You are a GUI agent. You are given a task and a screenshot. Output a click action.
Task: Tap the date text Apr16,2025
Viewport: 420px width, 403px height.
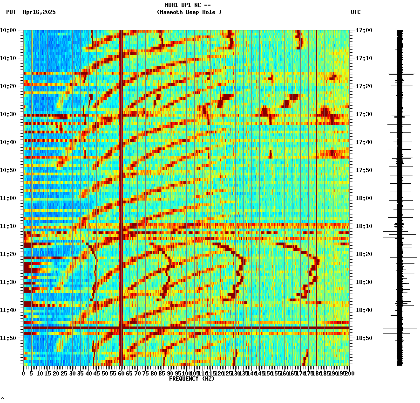39,12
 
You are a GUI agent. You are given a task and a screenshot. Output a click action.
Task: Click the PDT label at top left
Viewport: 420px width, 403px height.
11,12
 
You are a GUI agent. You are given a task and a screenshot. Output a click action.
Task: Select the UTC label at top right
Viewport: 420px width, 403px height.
355,12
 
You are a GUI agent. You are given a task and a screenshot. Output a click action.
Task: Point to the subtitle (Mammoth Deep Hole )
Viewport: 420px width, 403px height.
189,12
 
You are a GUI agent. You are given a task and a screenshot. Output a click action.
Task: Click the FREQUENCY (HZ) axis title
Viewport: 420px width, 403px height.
192,379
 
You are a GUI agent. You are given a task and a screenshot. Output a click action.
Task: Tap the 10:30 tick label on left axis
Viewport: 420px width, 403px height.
8,114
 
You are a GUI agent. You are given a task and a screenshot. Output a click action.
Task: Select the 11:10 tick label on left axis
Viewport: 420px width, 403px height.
8,226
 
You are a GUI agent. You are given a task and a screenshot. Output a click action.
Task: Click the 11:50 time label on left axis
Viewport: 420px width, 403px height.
8,338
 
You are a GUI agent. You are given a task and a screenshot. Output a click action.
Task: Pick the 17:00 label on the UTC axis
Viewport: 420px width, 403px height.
364,30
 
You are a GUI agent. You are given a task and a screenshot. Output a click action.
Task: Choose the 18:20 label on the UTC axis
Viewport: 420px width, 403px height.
364,254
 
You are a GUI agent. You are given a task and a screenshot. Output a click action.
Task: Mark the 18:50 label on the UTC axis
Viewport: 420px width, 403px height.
364,338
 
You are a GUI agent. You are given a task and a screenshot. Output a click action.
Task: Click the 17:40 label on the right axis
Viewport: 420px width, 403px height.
364,142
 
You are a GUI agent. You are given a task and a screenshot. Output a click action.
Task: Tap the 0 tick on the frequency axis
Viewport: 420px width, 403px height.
24,373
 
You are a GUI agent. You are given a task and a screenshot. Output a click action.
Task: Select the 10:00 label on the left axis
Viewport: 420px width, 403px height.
8,30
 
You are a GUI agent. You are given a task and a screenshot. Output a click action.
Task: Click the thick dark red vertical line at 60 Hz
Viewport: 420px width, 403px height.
121,187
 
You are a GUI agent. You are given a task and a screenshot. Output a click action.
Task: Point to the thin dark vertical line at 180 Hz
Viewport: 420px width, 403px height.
317,187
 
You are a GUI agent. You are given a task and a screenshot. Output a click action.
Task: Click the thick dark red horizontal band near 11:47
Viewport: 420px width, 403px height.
186,328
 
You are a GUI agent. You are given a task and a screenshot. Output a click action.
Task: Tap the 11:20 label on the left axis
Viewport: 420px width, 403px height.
8,254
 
